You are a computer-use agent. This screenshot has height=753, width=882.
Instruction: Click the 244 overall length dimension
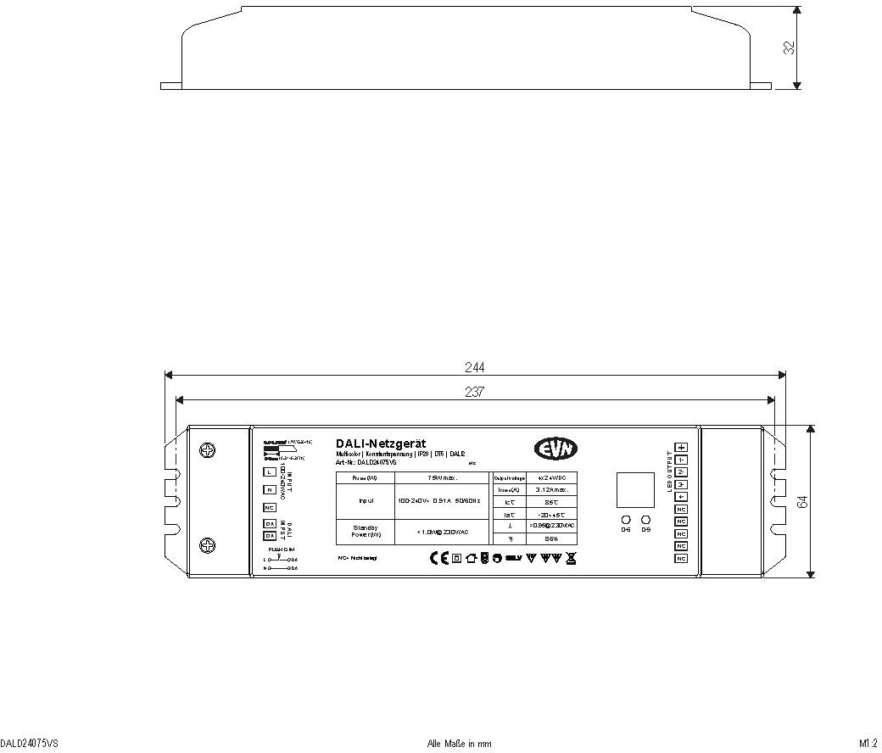475,367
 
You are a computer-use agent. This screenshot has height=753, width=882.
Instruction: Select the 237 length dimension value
475,391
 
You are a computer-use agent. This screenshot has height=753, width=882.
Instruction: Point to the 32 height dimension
790,47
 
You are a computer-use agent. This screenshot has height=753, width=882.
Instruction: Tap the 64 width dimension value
803,501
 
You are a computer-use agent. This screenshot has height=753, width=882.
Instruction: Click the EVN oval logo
556,449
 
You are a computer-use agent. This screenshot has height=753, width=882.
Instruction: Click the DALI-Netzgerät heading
381,443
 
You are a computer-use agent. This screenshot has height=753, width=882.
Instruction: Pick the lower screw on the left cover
205,545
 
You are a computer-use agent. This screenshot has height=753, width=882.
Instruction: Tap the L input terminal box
270,471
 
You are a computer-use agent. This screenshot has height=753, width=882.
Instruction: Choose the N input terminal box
270,490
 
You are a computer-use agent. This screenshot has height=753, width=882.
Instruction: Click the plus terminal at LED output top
681,447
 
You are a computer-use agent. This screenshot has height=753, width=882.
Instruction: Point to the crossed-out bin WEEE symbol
571,558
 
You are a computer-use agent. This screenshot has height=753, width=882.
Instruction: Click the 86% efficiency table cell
551,538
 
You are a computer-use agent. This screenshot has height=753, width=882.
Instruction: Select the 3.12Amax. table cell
551,489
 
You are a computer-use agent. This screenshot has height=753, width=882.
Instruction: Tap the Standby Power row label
366,531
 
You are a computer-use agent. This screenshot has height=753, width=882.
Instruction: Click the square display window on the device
635,489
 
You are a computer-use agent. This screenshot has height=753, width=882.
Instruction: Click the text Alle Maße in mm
459,744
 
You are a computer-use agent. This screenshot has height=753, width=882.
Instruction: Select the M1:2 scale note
868,744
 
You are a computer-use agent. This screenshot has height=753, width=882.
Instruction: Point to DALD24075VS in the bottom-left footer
30,744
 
